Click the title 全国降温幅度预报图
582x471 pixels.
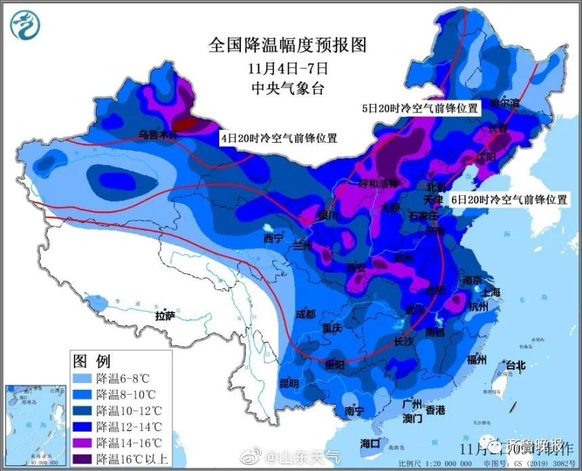[x=287, y=46]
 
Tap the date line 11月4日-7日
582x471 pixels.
[x=288, y=68]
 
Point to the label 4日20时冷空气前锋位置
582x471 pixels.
[x=279, y=137]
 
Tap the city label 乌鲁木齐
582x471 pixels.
[x=157, y=135]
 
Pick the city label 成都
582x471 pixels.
[x=305, y=313]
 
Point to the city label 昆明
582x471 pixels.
[x=289, y=384]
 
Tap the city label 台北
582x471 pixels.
[x=515, y=365]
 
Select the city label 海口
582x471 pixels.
[x=370, y=443]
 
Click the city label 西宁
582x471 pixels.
[x=273, y=239]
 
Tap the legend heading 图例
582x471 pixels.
[x=91, y=361]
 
